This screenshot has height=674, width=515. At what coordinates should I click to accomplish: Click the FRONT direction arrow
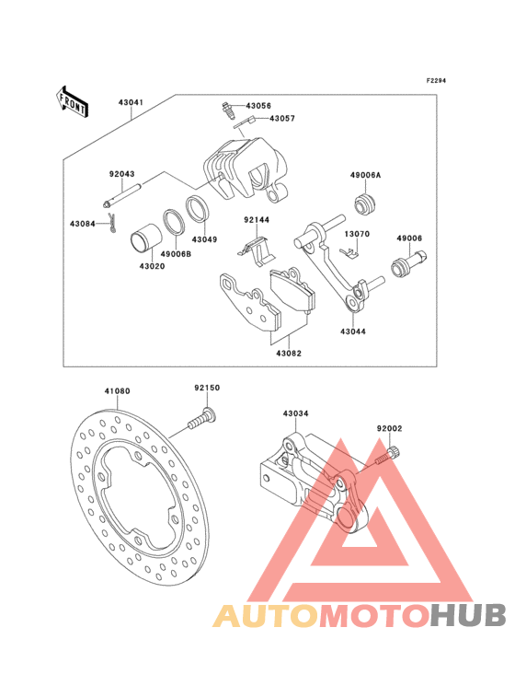[x=72, y=101]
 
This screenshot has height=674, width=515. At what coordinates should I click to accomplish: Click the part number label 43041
[x=131, y=103]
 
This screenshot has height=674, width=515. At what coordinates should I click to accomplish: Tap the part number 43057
[x=282, y=118]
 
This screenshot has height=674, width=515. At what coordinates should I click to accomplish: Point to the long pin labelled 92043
[x=122, y=195]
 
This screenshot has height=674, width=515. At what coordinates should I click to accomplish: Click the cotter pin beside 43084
[x=112, y=224]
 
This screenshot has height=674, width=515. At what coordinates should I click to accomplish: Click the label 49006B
[x=177, y=254]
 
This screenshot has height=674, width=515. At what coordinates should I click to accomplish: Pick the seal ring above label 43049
[x=198, y=208]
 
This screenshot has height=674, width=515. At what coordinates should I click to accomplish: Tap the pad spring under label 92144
[x=256, y=251]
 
